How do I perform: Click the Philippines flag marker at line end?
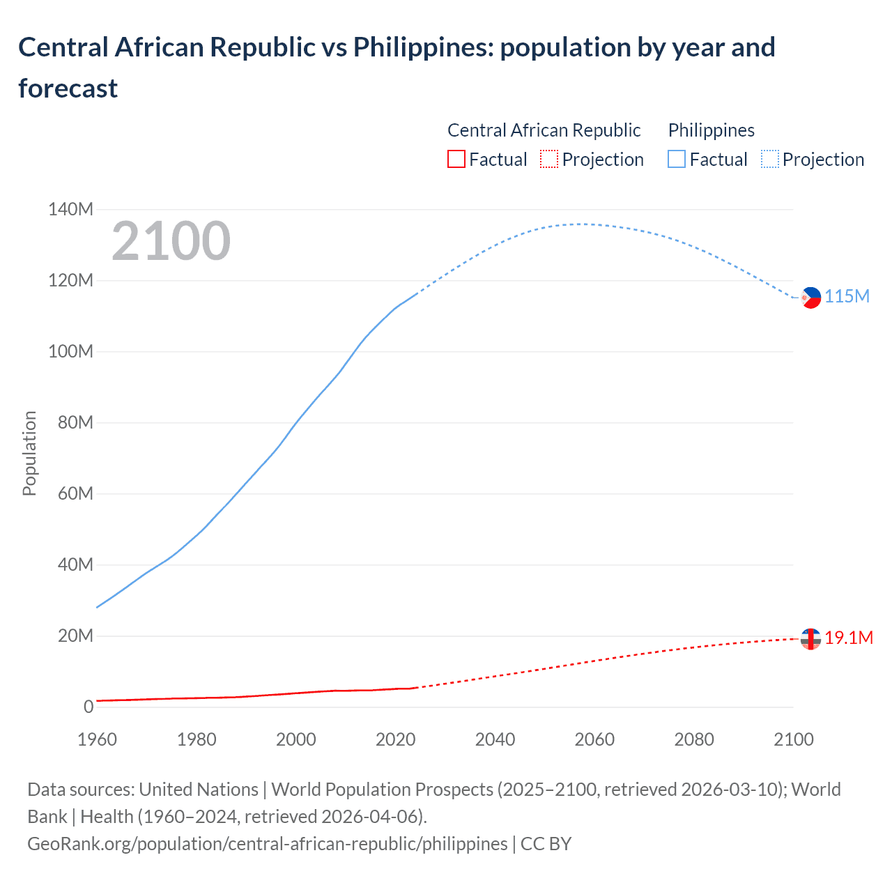(x=810, y=298)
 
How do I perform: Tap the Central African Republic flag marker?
(x=810, y=638)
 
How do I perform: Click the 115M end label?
(x=847, y=296)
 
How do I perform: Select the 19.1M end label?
(x=849, y=638)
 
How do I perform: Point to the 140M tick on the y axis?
(x=70, y=209)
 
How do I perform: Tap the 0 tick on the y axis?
(x=88, y=707)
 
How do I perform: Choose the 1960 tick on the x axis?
(x=97, y=739)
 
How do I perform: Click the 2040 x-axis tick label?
(x=495, y=739)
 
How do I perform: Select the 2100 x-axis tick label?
(x=793, y=739)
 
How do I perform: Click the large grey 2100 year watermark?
(x=171, y=241)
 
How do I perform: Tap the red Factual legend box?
(x=456, y=160)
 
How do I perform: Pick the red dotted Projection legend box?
(x=549, y=160)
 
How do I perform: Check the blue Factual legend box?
(x=677, y=160)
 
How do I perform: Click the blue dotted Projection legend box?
(x=769, y=160)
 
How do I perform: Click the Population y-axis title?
(x=29, y=453)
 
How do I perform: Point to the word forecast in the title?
(x=68, y=89)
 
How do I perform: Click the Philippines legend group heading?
(x=711, y=130)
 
